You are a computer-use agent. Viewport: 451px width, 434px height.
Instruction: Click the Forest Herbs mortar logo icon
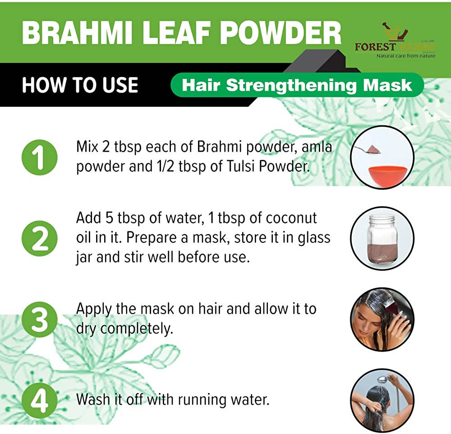391,31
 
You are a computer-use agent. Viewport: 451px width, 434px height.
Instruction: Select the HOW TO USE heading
80,85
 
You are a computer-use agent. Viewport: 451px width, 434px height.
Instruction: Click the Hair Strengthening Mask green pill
297,85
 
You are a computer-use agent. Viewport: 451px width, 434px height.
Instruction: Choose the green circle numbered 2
39,239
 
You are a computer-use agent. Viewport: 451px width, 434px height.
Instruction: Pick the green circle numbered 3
39,320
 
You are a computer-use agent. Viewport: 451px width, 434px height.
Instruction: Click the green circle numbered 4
39,399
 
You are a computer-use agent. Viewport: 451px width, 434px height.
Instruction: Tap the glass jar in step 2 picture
382,239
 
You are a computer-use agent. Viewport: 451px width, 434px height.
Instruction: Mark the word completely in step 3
137,329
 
